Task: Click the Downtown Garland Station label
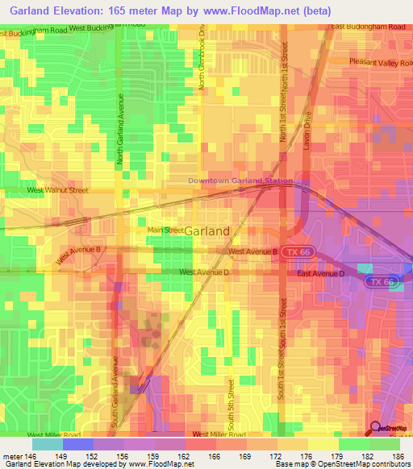240,181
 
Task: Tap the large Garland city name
206,230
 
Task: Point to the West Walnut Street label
57,190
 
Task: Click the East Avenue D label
320,274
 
